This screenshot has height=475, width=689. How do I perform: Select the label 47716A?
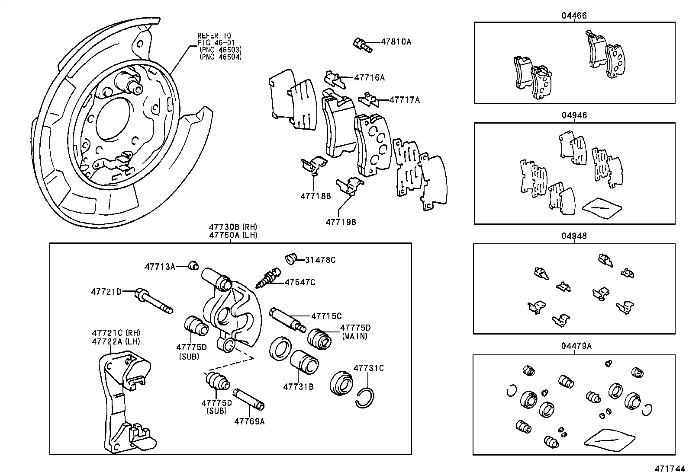(369, 78)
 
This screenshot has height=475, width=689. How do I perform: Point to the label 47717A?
(404, 100)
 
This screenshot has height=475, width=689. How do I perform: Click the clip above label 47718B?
(314, 166)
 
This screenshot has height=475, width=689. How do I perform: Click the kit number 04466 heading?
(574, 16)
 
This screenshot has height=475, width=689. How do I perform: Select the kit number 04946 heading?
(574, 116)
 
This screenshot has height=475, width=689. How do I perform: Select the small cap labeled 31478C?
(291, 259)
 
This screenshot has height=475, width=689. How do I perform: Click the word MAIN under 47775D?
(354, 336)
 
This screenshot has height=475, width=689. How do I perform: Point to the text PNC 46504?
(220, 57)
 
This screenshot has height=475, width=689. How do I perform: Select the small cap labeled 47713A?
(193, 265)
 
